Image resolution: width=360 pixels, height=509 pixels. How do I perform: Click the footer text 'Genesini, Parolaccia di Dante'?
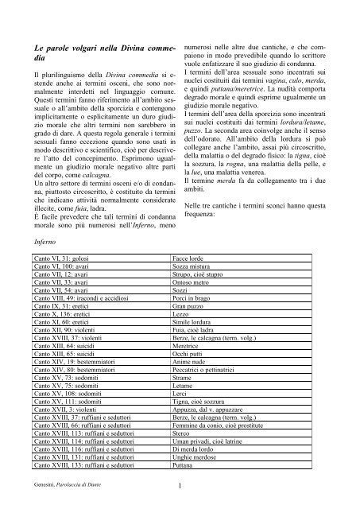[61, 486]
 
